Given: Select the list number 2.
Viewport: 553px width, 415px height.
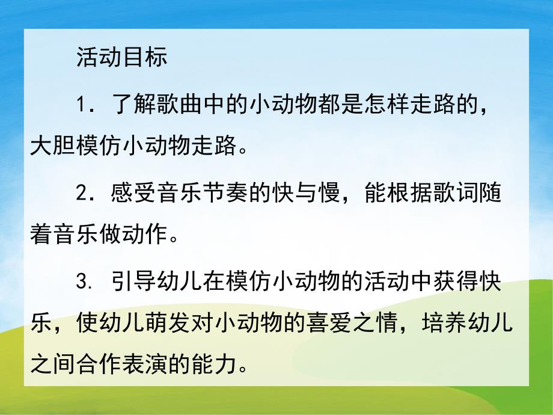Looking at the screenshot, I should pyautogui.click(x=84, y=194).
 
